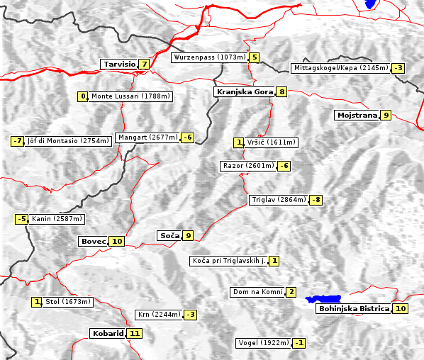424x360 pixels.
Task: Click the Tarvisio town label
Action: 119,64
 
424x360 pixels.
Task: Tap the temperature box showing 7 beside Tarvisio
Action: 144,64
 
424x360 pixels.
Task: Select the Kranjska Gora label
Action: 243,91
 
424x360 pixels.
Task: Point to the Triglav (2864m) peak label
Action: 279,200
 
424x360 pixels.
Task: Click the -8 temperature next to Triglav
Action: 316,200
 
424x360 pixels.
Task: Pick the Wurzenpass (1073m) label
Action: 210,57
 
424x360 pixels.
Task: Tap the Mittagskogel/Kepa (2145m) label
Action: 340,68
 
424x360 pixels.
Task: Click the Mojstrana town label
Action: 357,115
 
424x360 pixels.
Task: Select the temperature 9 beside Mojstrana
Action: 385,115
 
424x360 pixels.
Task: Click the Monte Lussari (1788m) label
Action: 130,96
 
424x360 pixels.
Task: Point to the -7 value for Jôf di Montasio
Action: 18,141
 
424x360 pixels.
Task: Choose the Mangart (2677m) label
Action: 147,137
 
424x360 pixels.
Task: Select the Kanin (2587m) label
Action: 57,219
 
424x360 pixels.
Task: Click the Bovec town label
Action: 93,241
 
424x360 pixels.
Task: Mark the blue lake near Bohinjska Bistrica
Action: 323,299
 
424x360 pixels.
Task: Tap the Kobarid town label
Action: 107,333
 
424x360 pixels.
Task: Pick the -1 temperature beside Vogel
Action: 299,343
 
